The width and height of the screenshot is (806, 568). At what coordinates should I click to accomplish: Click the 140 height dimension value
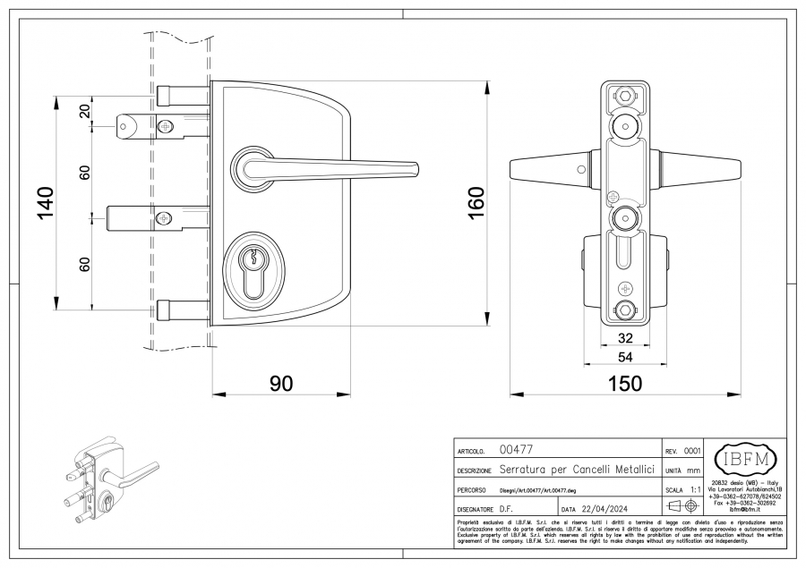pos(46,202)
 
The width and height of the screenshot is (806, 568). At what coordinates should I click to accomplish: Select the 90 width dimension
pos(281,383)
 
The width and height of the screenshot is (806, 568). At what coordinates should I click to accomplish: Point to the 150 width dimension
pos(624,383)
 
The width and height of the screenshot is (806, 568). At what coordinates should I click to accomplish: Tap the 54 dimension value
pos(624,356)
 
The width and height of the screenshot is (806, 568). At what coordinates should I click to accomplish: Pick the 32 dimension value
pos(624,339)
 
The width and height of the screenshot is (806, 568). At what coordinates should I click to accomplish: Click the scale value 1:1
pos(695,490)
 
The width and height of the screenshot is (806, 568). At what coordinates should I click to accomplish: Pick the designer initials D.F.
pos(506,508)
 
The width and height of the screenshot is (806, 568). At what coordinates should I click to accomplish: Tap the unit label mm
pos(694,471)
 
